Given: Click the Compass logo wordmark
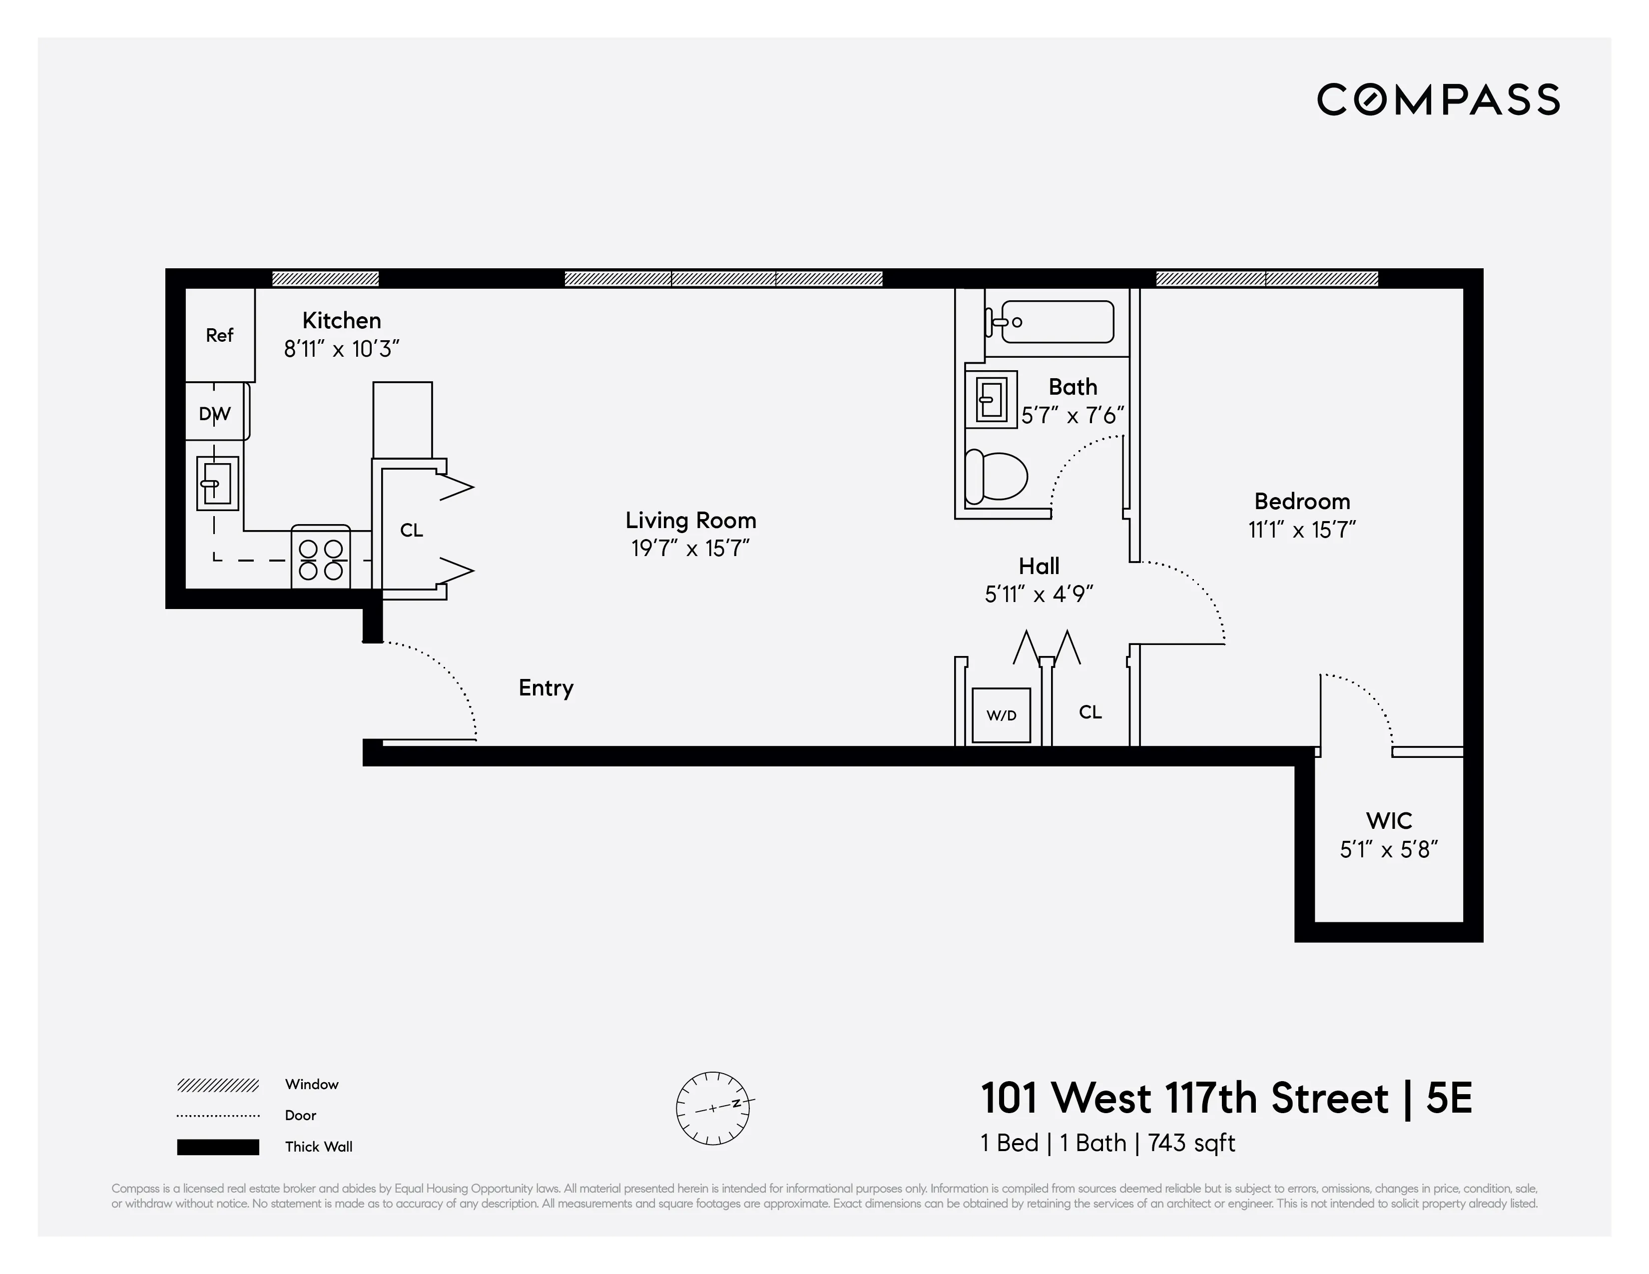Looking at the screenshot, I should pyautogui.click(x=1438, y=100).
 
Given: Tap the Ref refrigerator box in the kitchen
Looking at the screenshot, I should pyautogui.click(x=220, y=335).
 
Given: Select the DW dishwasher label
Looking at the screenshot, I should pyautogui.click(x=214, y=413).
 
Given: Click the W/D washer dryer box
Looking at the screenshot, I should pyautogui.click(x=1001, y=715).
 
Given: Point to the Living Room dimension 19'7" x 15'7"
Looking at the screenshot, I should pyautogui.click(x=690, y=548).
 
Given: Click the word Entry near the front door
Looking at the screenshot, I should pyautogui.click(x=546, y=687).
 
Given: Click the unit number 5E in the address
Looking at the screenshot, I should pyautogui.click(x=1448, y=1098).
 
